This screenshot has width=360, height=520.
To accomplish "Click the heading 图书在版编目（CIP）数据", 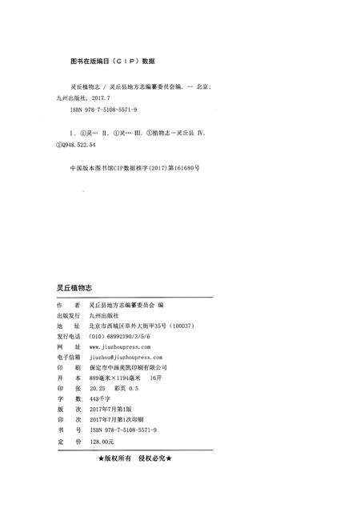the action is point(113,61).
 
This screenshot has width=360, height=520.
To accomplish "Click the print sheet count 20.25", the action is point(98,391).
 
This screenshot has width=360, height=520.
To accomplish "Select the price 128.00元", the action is point(103,445).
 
